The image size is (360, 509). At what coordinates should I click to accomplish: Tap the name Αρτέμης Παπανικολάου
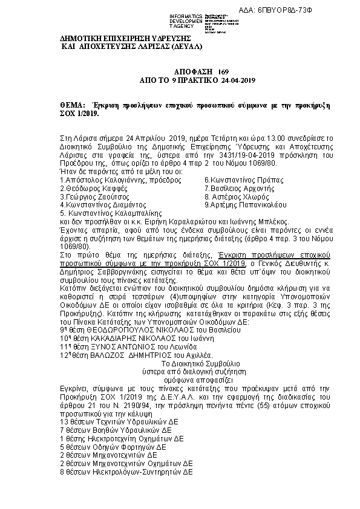248,205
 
